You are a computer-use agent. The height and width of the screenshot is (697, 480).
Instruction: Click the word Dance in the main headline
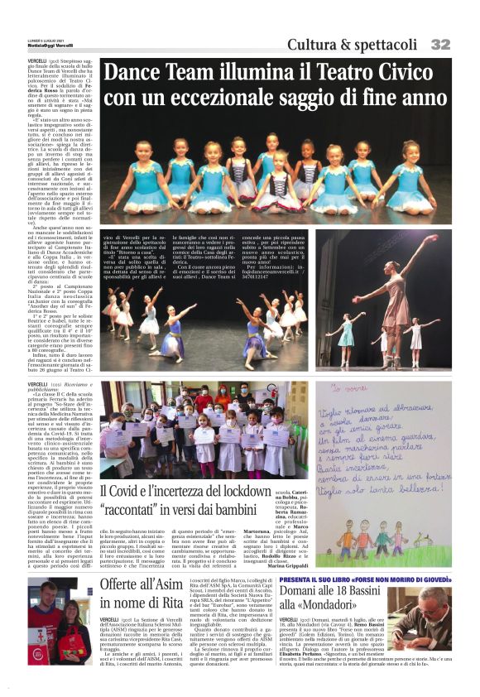point(132,72)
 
